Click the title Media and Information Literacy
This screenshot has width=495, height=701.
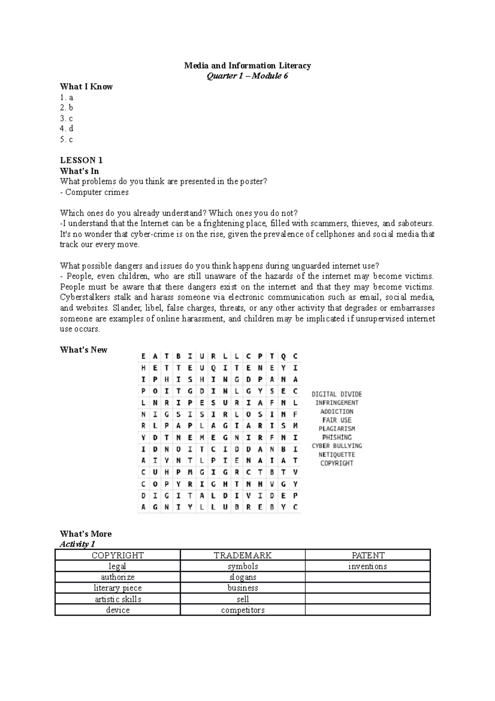tap(247, 66)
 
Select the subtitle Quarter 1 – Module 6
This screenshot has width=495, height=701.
tap(247, 76)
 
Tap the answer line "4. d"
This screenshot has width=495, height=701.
tap(66, 129)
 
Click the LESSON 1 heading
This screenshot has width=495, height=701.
tap(81, 160)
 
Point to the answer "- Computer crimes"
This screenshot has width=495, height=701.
tap(94, 192)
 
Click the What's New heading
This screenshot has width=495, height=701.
tap(83, 350)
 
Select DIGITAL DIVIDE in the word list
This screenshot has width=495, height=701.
tap(337, 394)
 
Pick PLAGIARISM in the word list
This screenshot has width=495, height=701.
tap(337, 429)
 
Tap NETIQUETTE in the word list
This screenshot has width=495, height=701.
tap(337, 455)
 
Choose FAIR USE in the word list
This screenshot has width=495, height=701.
tap(337, 420)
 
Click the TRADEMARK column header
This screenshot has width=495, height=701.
tap(243, 555)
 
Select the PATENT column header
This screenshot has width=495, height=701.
tap(368, 555)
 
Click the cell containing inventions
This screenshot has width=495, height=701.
tap(368, 566)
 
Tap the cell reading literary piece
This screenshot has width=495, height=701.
tap(118, 588)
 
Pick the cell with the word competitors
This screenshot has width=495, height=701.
tap(243, 610)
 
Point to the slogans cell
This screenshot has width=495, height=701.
tap(243, 577)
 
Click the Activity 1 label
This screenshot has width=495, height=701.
tap(77, 544)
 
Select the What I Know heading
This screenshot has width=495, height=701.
tap(86, 87)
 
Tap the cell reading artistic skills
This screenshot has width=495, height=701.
tap(118, 599)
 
